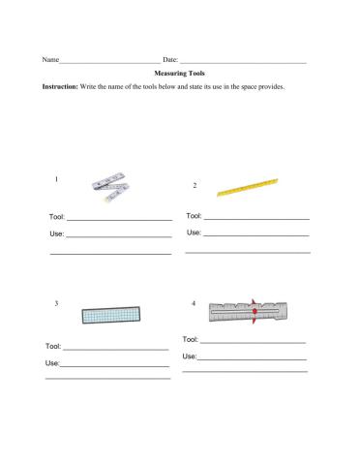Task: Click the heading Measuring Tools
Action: (180, 73)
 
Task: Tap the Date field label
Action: (171, 60)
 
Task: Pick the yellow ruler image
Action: (247, 186)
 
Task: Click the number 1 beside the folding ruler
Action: (58, 180)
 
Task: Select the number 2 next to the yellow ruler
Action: (195, 184)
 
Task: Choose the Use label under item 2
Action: (194, 232)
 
